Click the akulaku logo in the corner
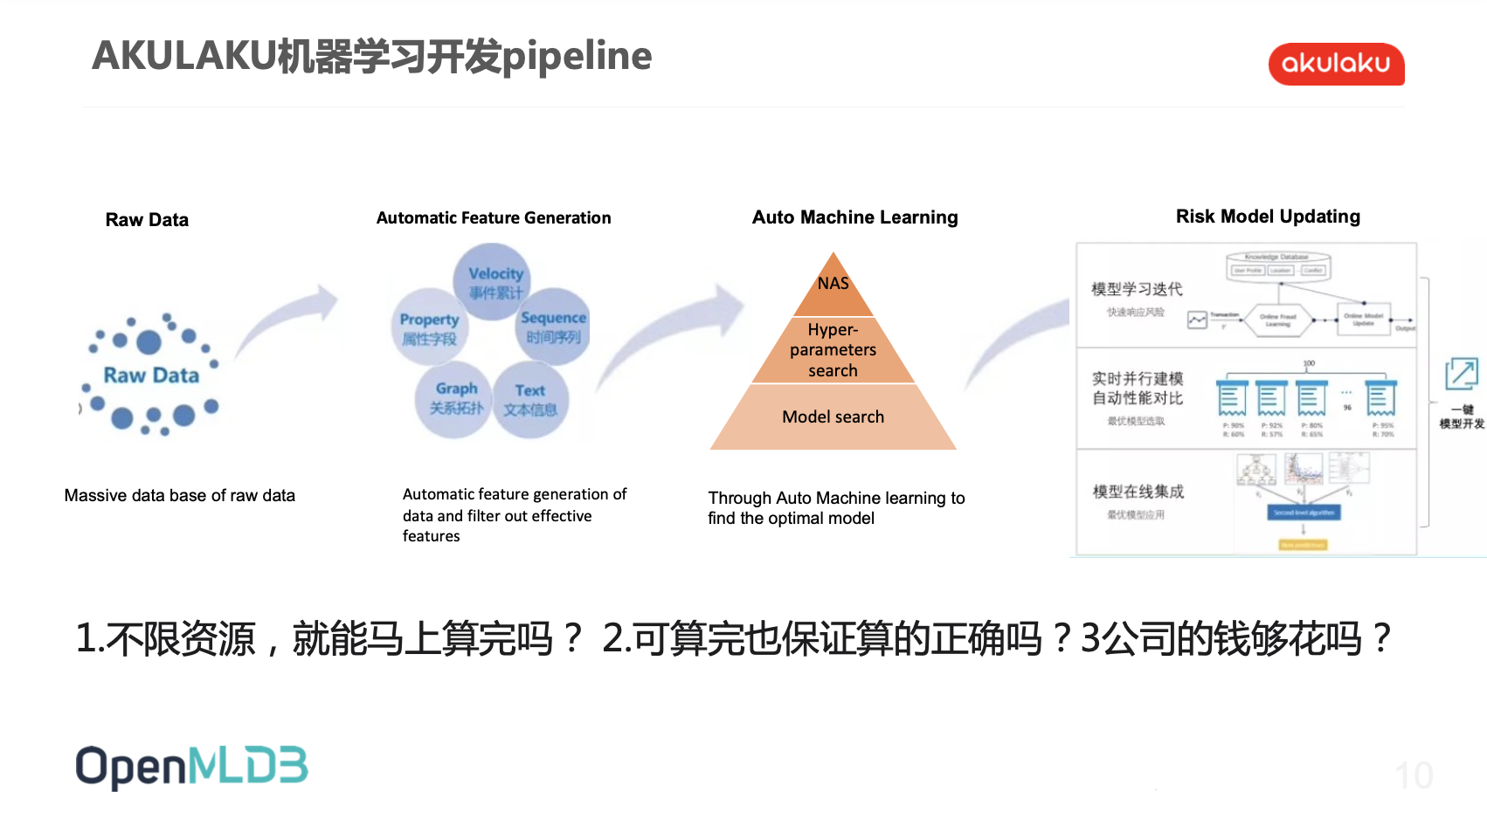click(1336, 64)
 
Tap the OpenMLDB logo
click(191, 768)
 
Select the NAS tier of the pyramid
click(833, 285)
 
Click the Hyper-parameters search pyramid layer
click(833, 350)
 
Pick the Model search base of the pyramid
click(833, 417)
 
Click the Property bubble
click(429, 327)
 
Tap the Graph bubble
click(455, 397)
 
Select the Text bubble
click(530, 399)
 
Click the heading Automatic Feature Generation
click(494, 218)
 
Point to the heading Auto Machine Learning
click(854, 217)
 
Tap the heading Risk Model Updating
click(1268, 217)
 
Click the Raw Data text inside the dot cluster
click(151, 375)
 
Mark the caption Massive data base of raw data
click(179, 496)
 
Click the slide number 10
click(1413, 775)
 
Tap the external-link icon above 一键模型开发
click(1462, 374)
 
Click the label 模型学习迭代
click(1137, 289)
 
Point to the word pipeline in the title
click(577, 56)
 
